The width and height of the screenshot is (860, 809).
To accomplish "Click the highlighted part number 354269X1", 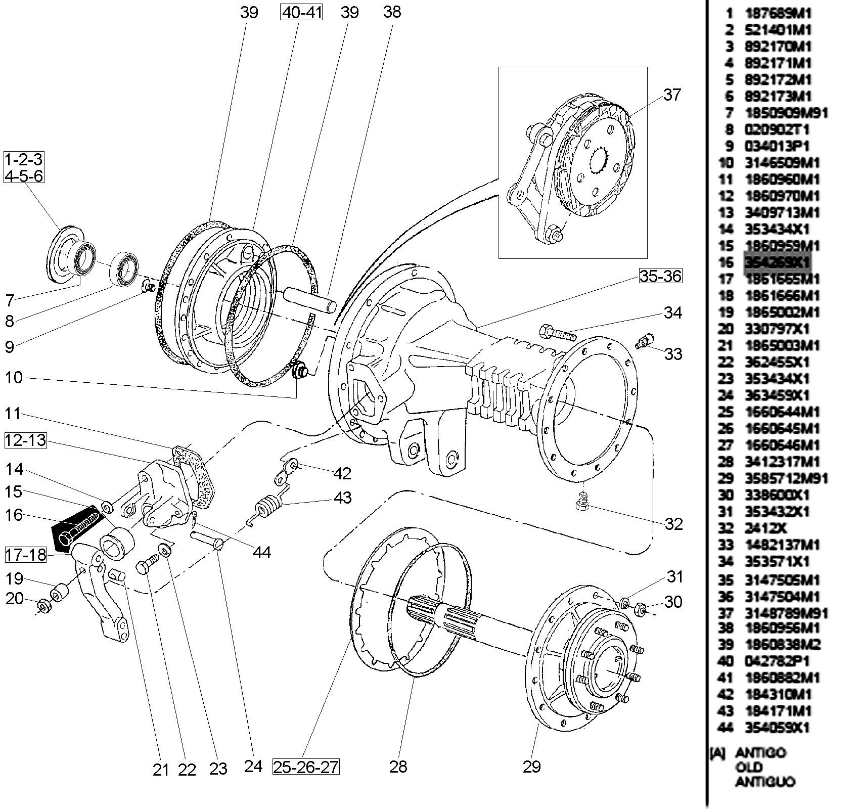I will [x=777, y=262].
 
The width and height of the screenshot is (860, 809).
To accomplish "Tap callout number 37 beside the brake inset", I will [x=671, y=95].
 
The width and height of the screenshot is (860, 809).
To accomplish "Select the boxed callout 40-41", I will [x=301, y=12].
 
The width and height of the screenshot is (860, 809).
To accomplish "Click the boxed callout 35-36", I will [x=660, y=276].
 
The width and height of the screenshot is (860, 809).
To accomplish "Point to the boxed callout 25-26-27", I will [x=305, y=767].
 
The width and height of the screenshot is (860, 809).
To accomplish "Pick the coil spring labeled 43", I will [x=267, y=506].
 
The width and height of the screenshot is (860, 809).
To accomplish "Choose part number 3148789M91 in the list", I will [x=786, y=613].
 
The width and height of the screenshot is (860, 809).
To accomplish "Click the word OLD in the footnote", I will [x=749, y=767].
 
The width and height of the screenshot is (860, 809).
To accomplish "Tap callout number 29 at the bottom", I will [x=532, y=767].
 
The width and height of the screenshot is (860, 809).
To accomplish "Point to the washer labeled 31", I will [x=625, y=603].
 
